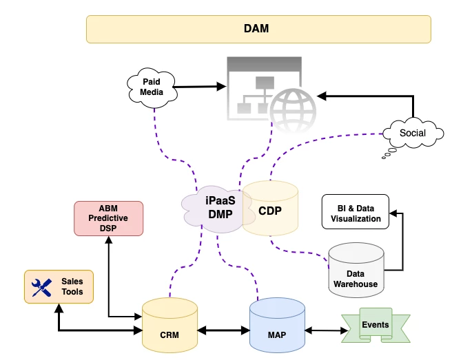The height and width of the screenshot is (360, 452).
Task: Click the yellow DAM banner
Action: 258,30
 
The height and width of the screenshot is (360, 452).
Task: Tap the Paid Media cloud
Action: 151,87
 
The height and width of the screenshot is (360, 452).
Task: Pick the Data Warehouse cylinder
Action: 356,270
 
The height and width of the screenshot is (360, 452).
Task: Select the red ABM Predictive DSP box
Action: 108,218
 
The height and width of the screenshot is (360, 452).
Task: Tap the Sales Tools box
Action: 59,287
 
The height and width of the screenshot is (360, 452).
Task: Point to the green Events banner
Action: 376,325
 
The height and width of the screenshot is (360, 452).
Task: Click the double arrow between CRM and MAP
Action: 223,330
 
